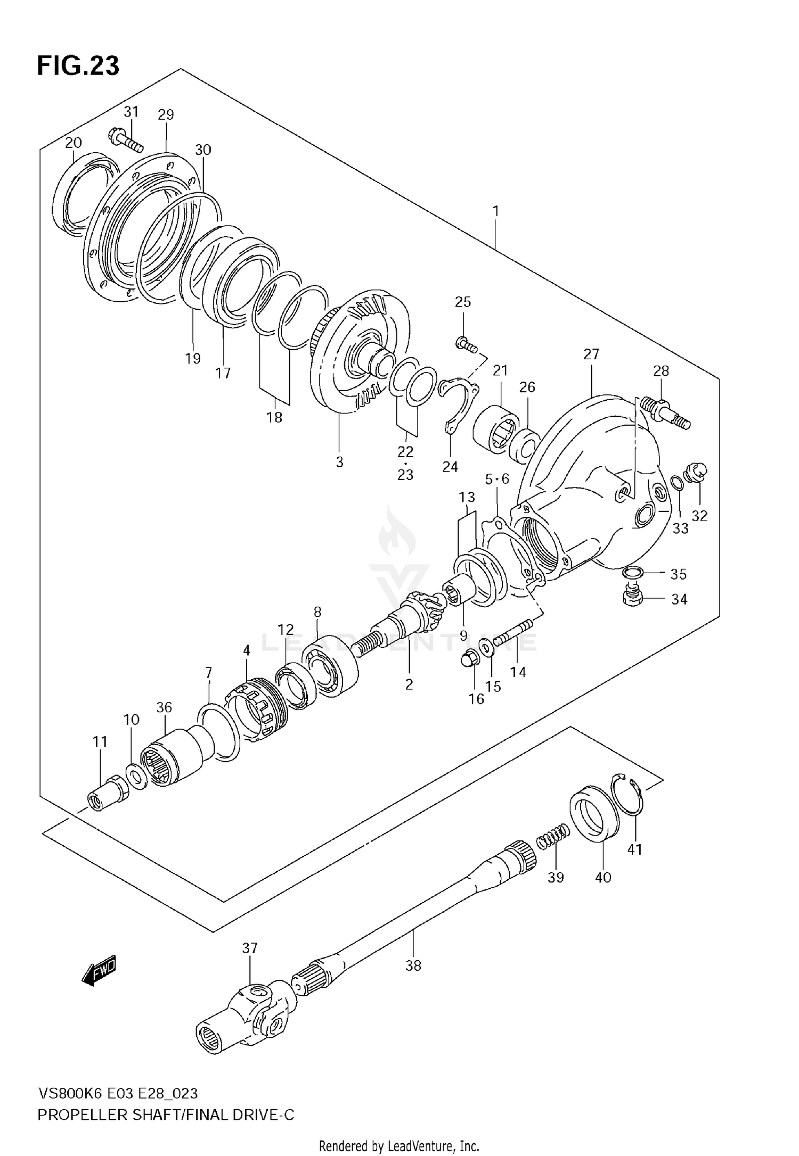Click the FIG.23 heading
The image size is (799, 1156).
[78, 65]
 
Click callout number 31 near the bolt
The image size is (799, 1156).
[131, 111]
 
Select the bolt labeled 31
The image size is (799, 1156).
[127, 139]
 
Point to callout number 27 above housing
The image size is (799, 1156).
[591, 354]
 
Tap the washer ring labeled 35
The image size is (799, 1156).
[632, 573]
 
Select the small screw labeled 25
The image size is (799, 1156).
[466, 344]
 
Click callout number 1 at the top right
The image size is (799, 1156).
[496, 211]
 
